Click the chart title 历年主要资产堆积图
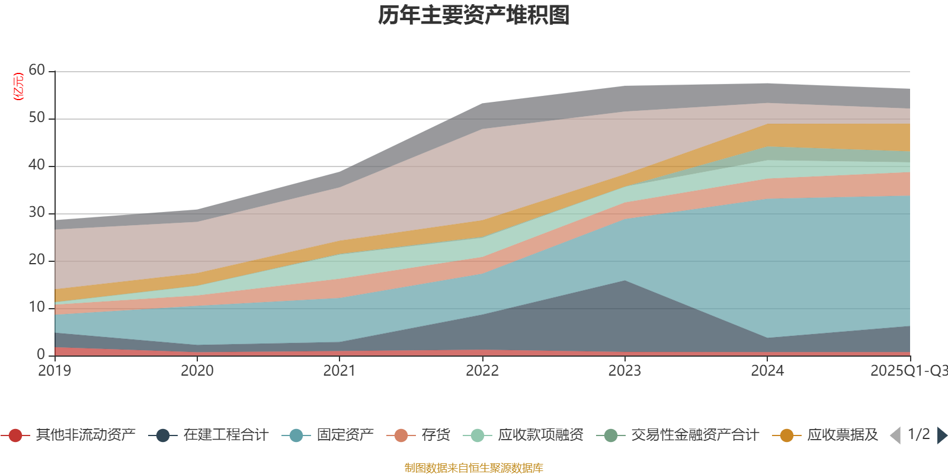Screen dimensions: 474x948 pyautogui.click(x=474, y=15)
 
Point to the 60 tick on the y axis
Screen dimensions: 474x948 pyautogui.click(x=37, y=71)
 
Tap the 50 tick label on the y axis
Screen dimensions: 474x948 pyautogui.click(x=37, y=118)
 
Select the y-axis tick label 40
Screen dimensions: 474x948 pyautogui.click(x=37, y=165)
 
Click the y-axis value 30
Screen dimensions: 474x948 pyautogui.click(x=37, y=213)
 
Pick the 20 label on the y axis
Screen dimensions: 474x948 pyautogui.click(x=37, y=260)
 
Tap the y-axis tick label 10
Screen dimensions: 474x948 pyautogui.click(x=37, y=308)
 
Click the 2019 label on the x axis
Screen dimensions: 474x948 pyautogui.click(x=55, y=371)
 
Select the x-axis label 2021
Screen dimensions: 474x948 pyautogui.click(x=340, y=371)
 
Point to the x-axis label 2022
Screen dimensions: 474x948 pyautogui.click(x=482, y=371)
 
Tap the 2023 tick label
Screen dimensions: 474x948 pyautogui.click(x=624, y=371)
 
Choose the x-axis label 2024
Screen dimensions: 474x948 pyautogui.click(x=767, y=371)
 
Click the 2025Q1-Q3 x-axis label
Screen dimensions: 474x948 pyautogui.click(x=908, y=371)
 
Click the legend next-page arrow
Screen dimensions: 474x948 pyautogui.click(x=942, y=435)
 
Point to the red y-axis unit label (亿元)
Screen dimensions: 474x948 pyautogui.click(x=18, y=87)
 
